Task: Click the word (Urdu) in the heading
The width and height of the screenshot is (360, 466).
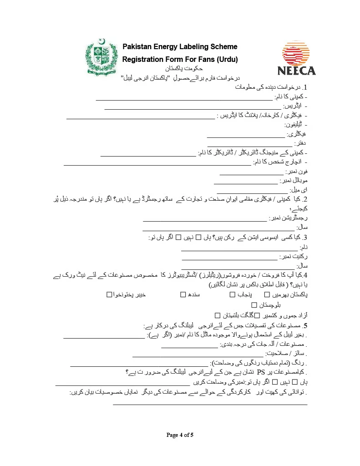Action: click(227, 60)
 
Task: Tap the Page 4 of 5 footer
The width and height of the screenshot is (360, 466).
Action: click(180, 435)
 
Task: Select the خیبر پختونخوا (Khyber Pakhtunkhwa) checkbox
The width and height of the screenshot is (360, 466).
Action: click(109, 295)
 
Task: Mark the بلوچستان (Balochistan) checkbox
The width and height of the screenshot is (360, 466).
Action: click(254, 305)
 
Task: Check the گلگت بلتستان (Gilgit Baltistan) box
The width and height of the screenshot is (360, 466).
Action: click(218, 315)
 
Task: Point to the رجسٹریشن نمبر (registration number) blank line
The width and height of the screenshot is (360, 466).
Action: click(205, 221)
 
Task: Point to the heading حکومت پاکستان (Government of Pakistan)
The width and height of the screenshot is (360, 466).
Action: click(181, 68)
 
